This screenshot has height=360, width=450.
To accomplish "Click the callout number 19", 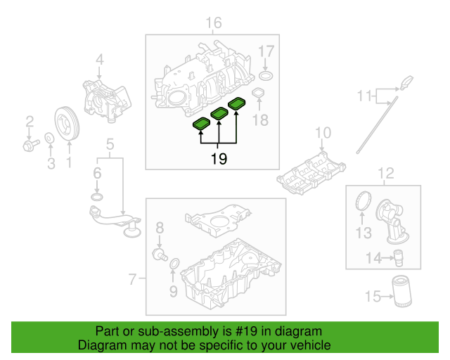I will (x=219, y=160).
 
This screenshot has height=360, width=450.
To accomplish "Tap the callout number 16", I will (x=213, y=25).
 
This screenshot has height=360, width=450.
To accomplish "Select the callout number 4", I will (x=100, y=60).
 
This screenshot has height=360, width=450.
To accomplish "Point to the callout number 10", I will (x=322, y=133).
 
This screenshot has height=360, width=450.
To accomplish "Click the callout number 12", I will (x=386, y=173).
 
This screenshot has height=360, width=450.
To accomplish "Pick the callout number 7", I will (x=131, y=281).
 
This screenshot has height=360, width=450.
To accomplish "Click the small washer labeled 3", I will (x=50, y=139).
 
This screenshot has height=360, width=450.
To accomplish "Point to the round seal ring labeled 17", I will (x=266, y=76).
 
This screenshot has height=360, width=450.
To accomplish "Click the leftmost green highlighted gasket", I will (x=202, y=124).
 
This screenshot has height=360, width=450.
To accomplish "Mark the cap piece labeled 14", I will (x=399, y=257).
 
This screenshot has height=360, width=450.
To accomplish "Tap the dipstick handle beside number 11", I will (x=406, y=84).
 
